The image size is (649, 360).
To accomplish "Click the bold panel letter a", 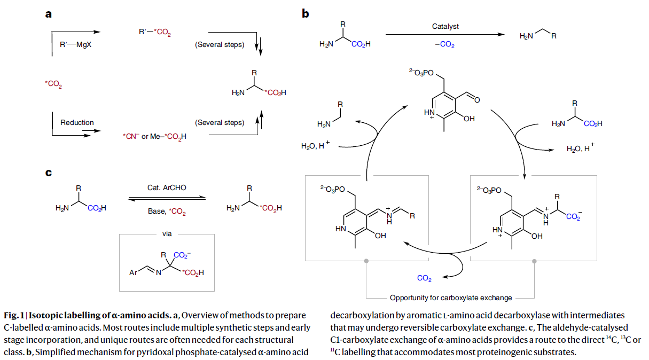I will [48, 14].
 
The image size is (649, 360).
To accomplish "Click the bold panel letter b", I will [306, 14].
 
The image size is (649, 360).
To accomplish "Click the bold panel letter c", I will [48, 172].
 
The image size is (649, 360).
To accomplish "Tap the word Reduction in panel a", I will [77, 122].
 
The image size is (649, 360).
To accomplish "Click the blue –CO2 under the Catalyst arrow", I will [444, 45].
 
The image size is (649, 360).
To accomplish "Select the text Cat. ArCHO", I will [167, 187].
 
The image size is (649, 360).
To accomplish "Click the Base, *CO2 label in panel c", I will [167, 211].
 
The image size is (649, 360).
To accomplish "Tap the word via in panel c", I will [167, 233].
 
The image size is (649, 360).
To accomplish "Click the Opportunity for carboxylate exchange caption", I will [451, 298].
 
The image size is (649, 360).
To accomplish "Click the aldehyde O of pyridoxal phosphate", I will [476, 99].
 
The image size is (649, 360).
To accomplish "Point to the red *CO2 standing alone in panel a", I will [53, 84].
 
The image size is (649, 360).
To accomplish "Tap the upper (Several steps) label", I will [220, 45].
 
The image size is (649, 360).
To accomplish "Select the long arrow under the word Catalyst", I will [444, 35].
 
